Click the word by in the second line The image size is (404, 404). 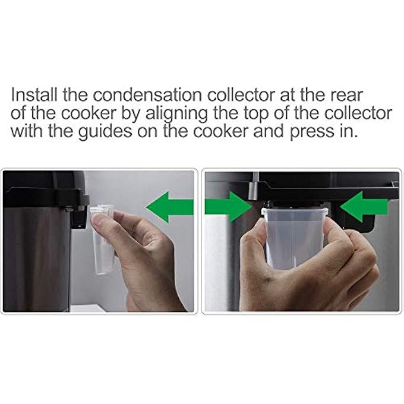click(125, 113)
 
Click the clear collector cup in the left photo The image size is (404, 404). click(103, 244)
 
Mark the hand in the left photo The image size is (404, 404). click(146, 261)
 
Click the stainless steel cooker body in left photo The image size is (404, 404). click(36, 255)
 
